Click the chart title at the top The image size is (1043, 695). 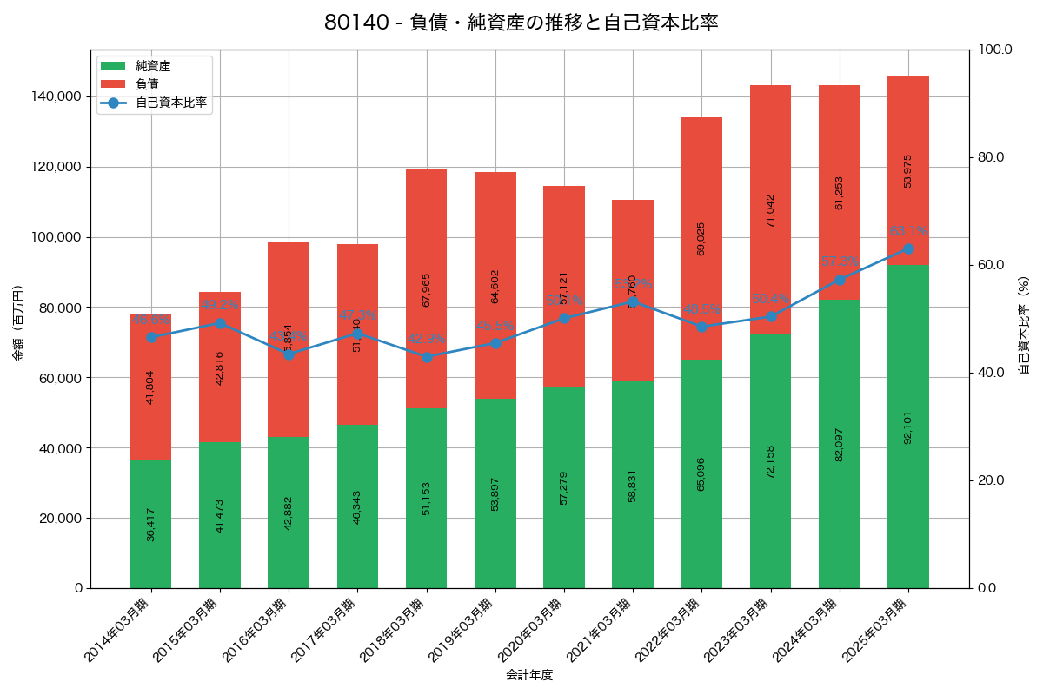point(521,23)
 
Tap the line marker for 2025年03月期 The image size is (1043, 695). point(908,248)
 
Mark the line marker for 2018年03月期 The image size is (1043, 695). point(426,357)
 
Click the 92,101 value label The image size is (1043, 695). point(907,427)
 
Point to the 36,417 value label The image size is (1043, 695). point(150,525)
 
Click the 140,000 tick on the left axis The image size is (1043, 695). point(58,96)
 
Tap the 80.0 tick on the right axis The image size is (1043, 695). point(991,157)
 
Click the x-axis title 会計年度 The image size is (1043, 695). point(529,675)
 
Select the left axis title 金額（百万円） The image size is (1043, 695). point(18,323)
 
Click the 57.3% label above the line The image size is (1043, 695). point(840,261)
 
